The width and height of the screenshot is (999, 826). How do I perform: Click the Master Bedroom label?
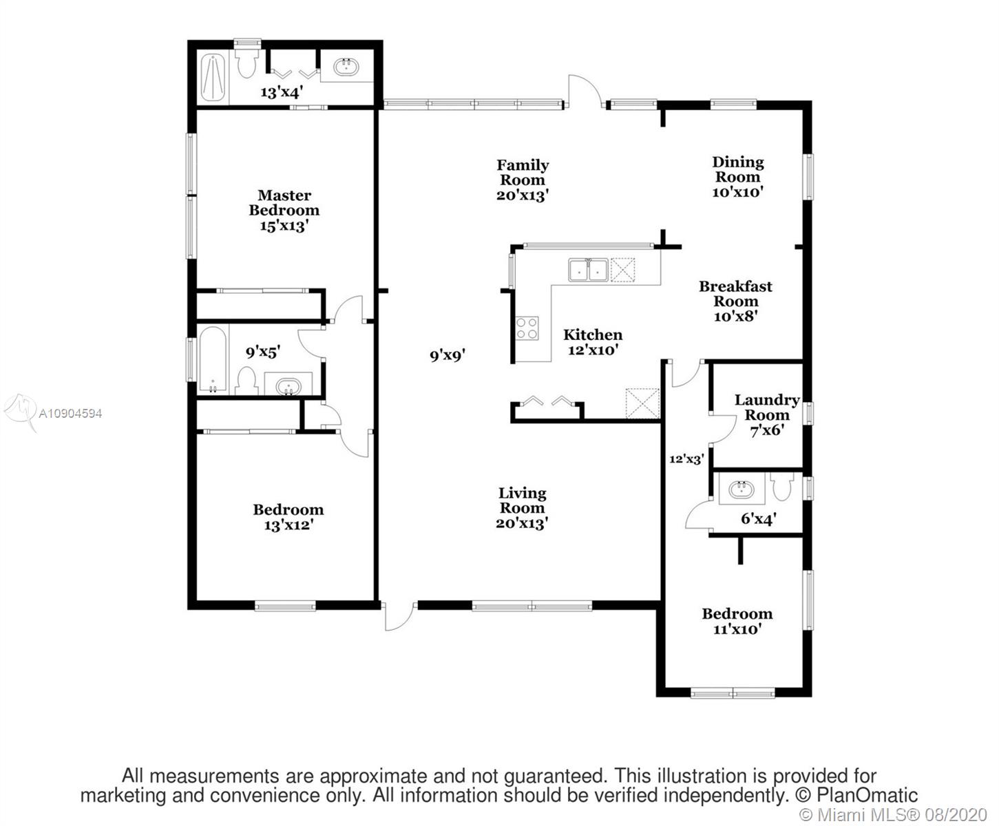(284, 210)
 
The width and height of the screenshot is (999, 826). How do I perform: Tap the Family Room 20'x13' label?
(522, 180)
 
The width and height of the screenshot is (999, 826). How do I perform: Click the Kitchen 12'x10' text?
(593, 342)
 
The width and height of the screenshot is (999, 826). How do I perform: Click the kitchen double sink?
(588, 271)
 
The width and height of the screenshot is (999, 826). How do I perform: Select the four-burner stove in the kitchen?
(527, 328)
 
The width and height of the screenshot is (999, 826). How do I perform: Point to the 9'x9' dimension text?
(448, 356)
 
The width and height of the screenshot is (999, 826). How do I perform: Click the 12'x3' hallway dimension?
(686, 460)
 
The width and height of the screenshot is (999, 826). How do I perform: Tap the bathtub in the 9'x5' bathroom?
(213, 360)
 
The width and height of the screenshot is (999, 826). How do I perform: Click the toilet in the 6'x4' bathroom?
(782, 487)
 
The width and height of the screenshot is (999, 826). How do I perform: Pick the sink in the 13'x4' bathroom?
(346, 67)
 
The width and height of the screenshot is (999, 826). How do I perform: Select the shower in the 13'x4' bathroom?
(213, 78)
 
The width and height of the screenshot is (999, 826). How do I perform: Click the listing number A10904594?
(70, 413)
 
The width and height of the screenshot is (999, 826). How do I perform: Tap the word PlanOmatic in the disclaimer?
(867, 795)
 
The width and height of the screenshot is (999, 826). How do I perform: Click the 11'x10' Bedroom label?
(737, 621)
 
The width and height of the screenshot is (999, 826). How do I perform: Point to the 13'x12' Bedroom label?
(288, 517)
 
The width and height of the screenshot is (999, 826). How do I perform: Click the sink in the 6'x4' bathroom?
(741, 489)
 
